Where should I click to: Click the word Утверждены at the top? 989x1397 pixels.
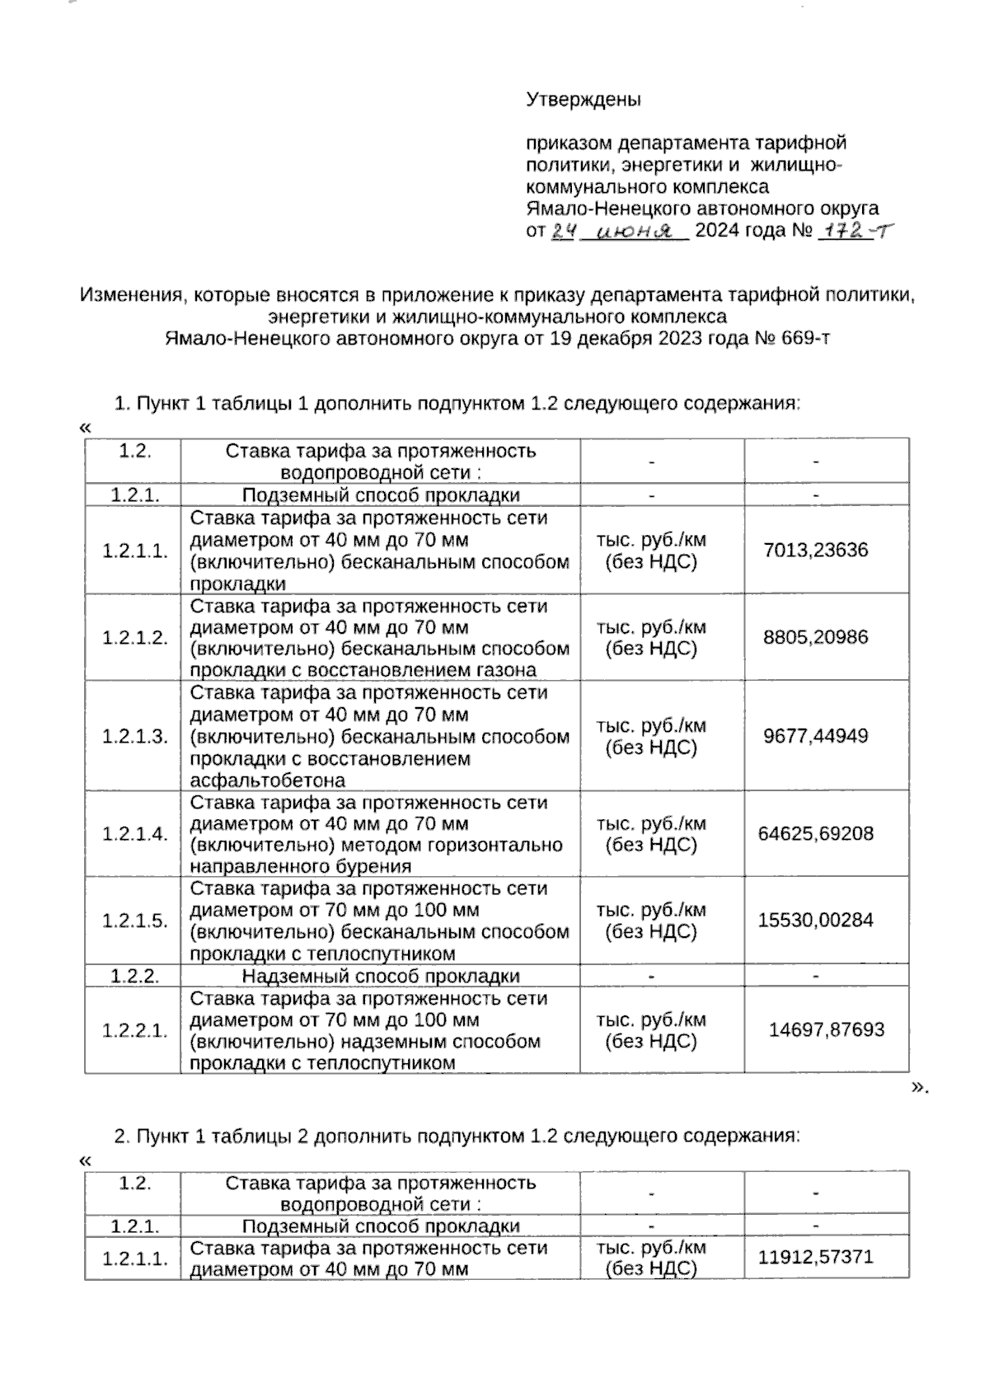584,100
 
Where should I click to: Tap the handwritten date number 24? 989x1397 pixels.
562,232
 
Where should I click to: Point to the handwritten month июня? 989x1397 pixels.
634,232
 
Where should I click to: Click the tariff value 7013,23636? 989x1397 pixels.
816,550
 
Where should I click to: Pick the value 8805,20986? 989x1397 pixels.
816,637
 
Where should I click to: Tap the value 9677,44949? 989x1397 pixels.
816,736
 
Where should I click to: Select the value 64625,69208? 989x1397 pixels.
816,833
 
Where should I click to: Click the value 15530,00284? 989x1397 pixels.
816,921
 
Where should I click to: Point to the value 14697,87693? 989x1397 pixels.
827,1029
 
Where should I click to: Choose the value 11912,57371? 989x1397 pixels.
816,1258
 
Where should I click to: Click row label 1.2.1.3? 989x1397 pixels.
135,736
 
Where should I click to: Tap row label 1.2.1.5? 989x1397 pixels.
135,921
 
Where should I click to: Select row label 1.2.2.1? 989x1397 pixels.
135,1030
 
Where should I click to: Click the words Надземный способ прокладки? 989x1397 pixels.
381,977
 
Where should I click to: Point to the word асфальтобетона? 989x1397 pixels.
268,781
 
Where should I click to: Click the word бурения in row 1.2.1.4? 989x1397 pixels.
377,866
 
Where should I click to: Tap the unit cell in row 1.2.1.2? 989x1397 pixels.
651,637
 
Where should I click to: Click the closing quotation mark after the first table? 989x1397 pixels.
918,1087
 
